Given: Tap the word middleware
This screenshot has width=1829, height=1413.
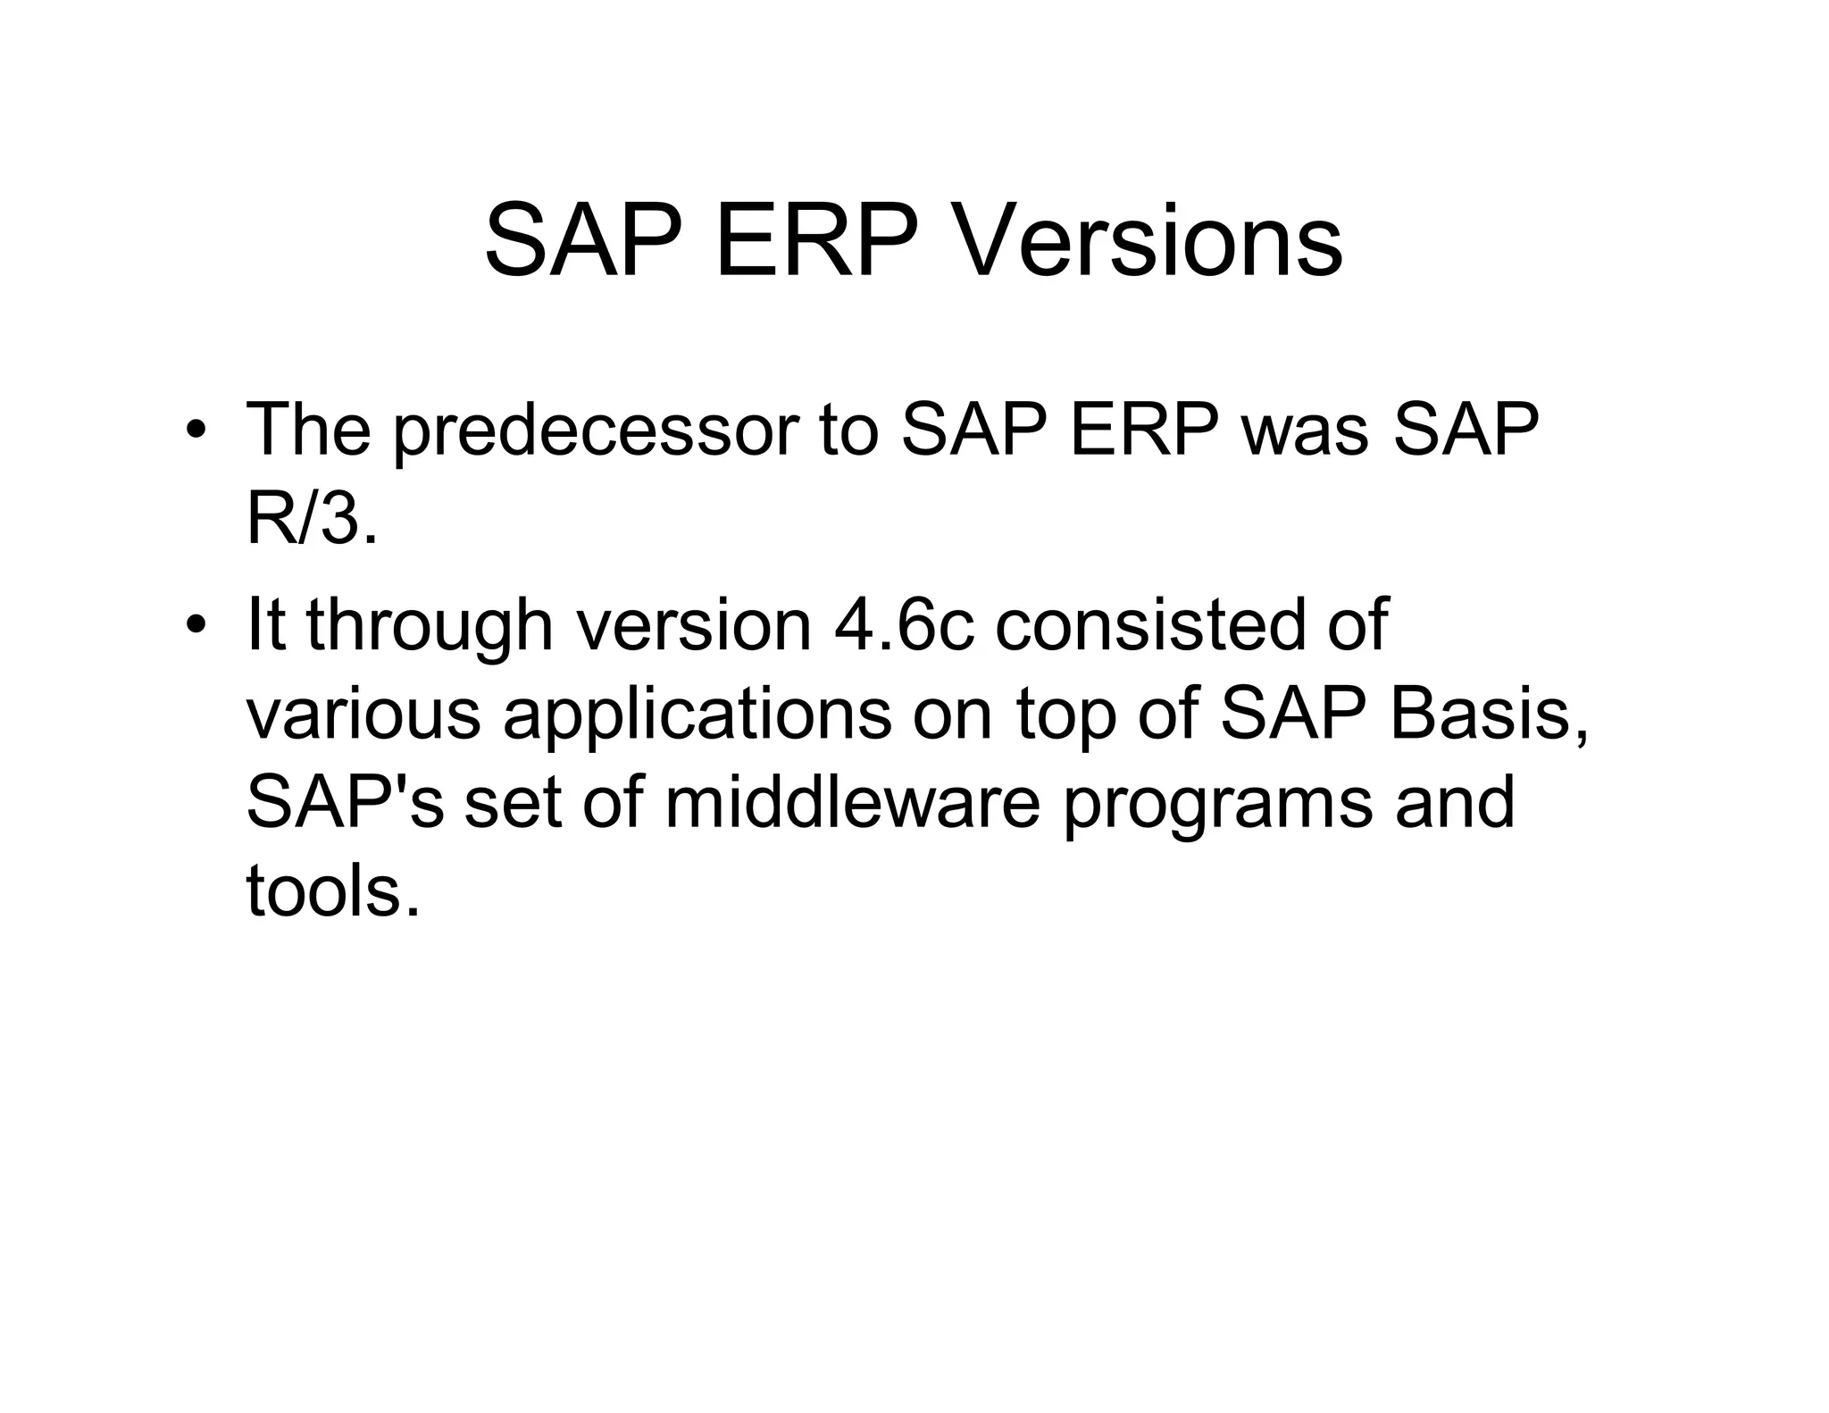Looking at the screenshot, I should [x=853, y=802].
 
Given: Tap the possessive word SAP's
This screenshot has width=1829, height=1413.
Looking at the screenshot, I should [x=345, y=802].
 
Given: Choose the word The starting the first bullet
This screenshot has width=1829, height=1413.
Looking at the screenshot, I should [x=308, y=431].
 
